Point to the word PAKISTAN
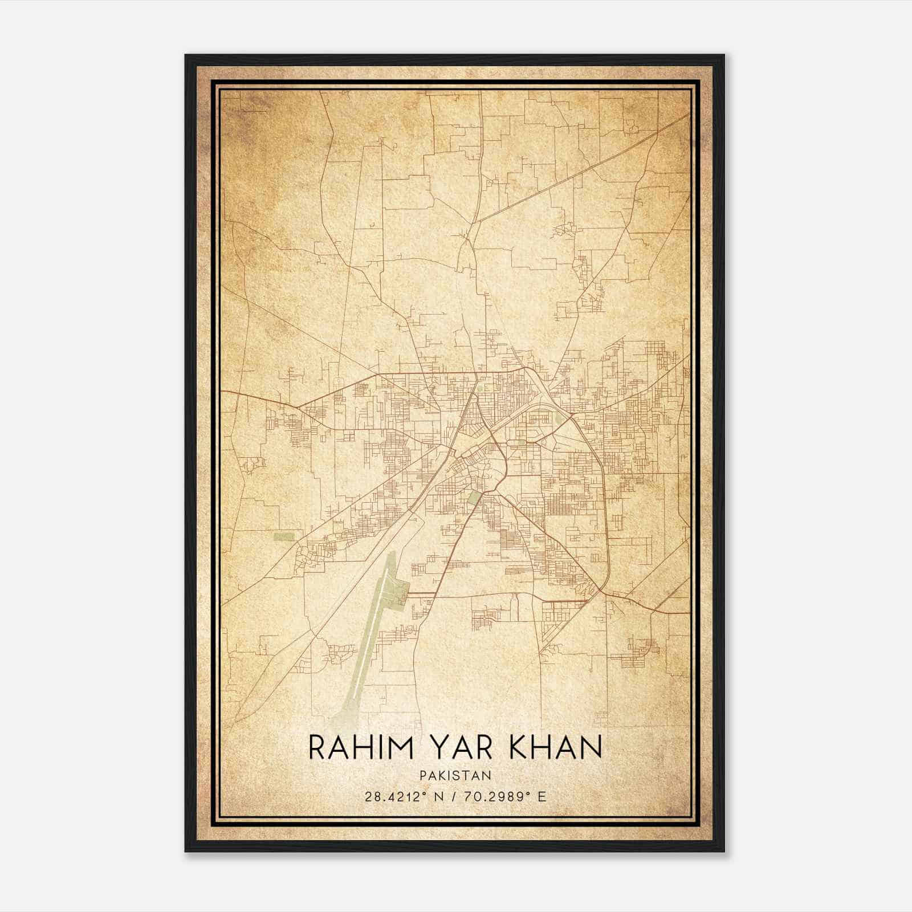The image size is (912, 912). point(455,775)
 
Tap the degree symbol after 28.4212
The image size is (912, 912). point(425,793)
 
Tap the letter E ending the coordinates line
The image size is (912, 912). point(543,796)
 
